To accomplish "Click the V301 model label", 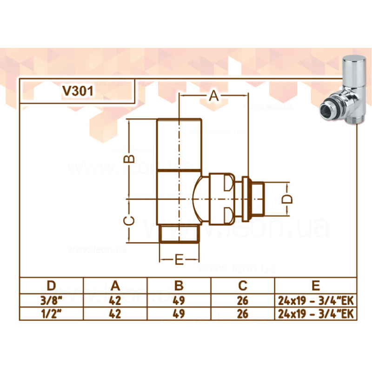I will point(78,91).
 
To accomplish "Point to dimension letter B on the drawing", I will point(131,159).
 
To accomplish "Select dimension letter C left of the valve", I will point(131,220).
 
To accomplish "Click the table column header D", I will point(51,285).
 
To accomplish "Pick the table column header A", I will point(115,285).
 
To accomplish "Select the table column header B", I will point(179,285).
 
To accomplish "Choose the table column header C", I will point(243,285).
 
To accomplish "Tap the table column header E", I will point(316,285).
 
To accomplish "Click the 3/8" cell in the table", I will point(51,300).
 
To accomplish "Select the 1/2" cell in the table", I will point(51,314).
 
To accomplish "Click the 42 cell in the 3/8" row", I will point(115,300).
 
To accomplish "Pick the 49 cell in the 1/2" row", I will point(179,314).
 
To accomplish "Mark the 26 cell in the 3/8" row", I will point(243,300).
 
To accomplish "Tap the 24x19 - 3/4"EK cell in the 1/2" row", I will point(316,314).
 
